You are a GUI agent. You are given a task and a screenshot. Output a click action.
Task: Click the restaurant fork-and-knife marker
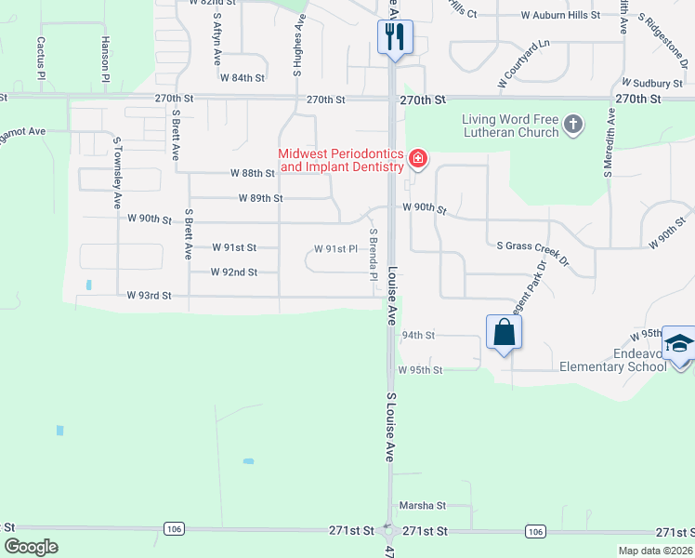pos(394,37)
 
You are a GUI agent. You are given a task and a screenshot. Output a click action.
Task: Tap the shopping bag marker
pos(504,332)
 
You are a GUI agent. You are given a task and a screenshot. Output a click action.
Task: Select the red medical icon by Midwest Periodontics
pos(418,160)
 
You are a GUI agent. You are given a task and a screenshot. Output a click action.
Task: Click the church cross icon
pos(574,124)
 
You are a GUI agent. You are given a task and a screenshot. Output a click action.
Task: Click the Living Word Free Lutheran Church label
pos(511,126)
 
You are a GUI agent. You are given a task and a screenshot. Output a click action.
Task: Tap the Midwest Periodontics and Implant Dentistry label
pos(342,160)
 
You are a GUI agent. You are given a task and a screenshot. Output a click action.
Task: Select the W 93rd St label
pos(150,296)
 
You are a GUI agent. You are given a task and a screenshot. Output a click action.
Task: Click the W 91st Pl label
pos(335,249)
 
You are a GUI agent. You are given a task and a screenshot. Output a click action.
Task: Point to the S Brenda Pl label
pos(374,256)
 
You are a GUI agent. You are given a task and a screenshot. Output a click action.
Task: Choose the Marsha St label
pos(423,506)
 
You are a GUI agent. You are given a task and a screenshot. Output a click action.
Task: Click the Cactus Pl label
pos(41,57)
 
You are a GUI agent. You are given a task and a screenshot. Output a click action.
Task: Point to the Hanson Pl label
pos(106,56)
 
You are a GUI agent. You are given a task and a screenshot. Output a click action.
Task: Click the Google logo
pos(31,547)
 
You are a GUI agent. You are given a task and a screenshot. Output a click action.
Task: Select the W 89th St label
pos(260,198)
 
